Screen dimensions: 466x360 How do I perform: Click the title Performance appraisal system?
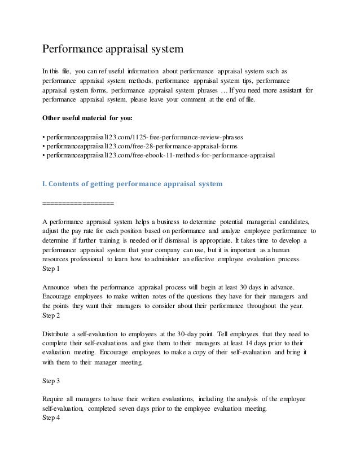(113, 49)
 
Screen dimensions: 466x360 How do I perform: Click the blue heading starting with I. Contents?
(133, 183)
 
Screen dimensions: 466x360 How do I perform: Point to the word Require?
(54, 399)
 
